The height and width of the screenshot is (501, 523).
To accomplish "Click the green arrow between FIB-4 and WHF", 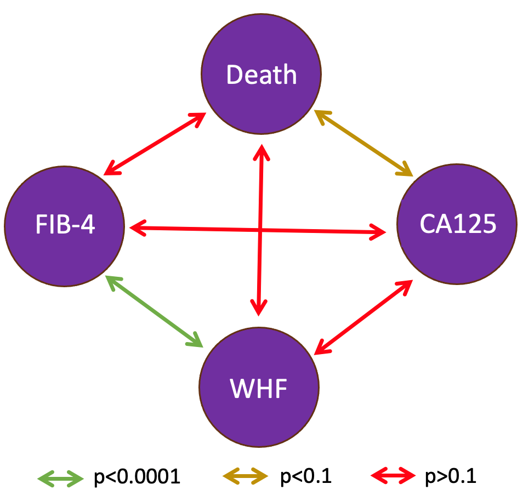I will click(154, 311).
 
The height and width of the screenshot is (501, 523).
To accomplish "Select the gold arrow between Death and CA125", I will click(363, 143).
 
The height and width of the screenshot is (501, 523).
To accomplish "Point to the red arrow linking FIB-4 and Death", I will click(155, 144).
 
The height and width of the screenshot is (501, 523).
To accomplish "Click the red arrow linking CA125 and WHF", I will click(363, 315).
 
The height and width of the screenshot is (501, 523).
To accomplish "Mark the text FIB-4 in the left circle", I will click(65, 225).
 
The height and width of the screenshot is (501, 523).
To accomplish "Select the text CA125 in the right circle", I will click(458, 224).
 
